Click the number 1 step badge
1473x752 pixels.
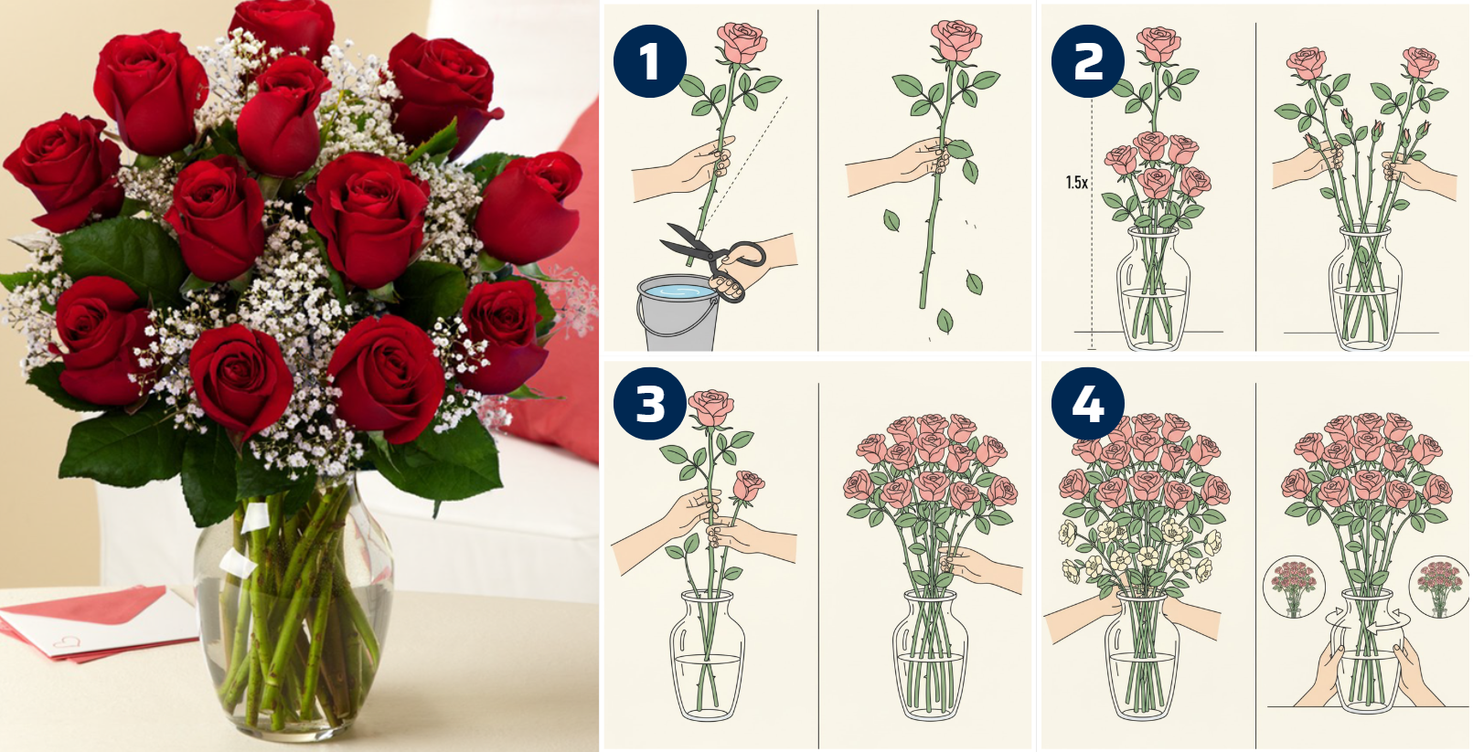point(650,61)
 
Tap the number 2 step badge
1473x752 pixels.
point(1088,61)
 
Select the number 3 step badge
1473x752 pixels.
point(650,404)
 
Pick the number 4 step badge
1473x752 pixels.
point(1088,404)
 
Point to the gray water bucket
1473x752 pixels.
point(677,312)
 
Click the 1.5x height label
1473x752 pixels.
point(1076,183)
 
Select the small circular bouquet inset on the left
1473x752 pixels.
point(1293,588)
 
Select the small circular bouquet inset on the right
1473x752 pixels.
point(1439,588)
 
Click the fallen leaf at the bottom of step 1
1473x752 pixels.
point(945,321)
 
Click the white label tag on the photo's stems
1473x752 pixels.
point(254,519)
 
